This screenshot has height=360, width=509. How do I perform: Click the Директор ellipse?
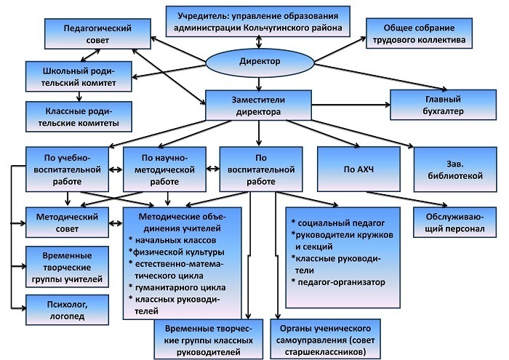tap(260, 62)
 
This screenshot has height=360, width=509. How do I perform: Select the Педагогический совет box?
tap(97, 33)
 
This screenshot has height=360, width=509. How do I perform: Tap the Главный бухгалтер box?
tap(443, 105)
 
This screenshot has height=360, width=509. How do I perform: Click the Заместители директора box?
tap(258, 105)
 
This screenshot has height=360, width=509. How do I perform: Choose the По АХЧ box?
tap(358, 169)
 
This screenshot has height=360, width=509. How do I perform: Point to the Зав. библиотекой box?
tap(455, 169)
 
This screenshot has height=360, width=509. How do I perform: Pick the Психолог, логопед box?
tap(67, 310)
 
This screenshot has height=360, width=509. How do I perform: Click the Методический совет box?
tap(67, 223)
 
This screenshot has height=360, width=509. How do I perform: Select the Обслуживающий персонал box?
tap(454, 223)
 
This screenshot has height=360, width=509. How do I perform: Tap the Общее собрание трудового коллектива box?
tap(419, 33)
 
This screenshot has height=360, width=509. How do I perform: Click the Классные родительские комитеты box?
tap(79, 117)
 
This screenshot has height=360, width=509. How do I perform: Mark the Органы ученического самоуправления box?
tap(325, 339)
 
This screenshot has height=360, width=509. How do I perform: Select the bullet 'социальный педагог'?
tap(338, 223)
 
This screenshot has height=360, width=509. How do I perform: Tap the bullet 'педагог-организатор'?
tap(338, 282)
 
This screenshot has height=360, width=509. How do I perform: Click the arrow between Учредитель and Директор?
tap(259, 42)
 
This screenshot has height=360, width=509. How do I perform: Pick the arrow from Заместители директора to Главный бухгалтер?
tap(351, 105)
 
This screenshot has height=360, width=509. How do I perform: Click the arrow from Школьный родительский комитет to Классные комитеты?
tap(79, 97)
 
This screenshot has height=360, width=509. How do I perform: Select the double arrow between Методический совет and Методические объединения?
tap(116, 223)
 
